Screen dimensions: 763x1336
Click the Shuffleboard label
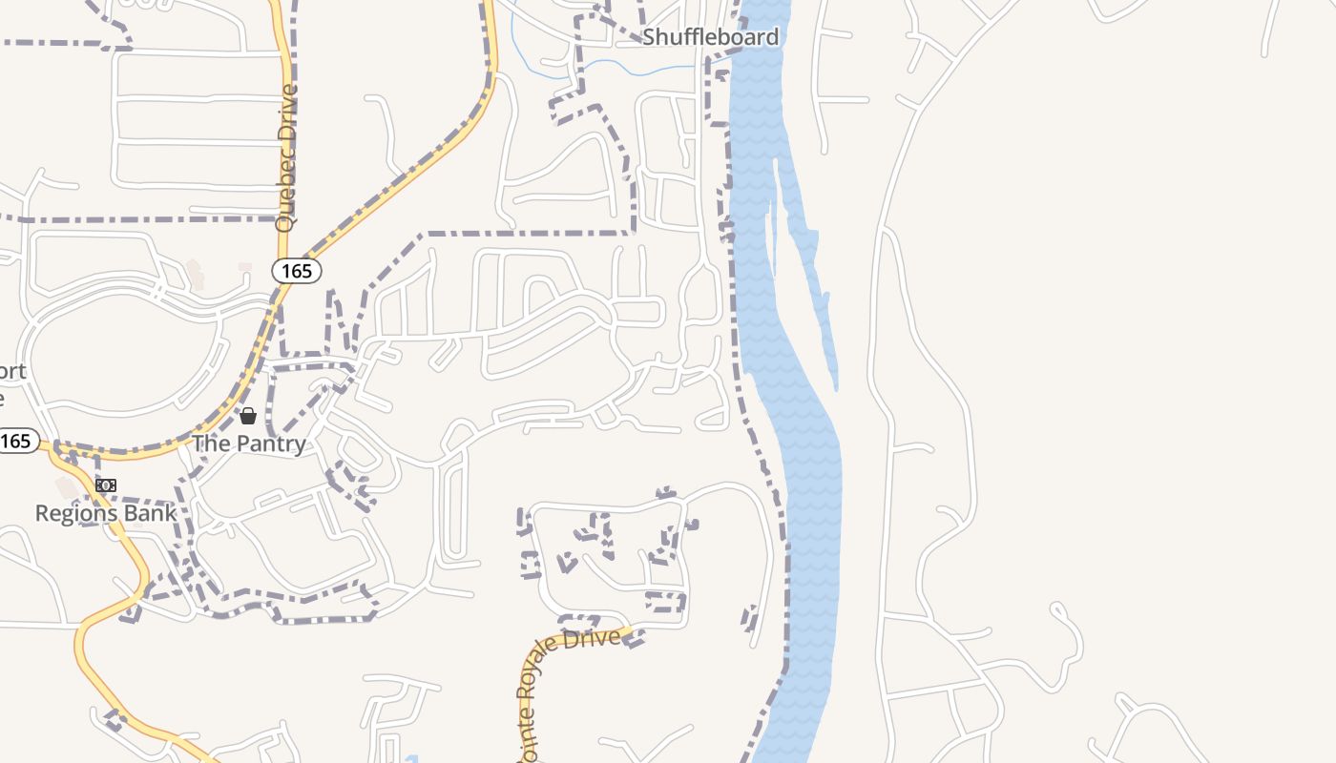pos(710,37)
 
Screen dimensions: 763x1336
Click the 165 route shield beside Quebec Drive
pos(297,271)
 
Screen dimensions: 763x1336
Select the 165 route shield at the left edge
pos(17,441)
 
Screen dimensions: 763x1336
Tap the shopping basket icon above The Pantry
pos(248,416)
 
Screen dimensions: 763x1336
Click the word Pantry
pos(271,443)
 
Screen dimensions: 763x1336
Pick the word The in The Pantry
pos(212,443)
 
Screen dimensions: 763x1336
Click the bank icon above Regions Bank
pos(106,485)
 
